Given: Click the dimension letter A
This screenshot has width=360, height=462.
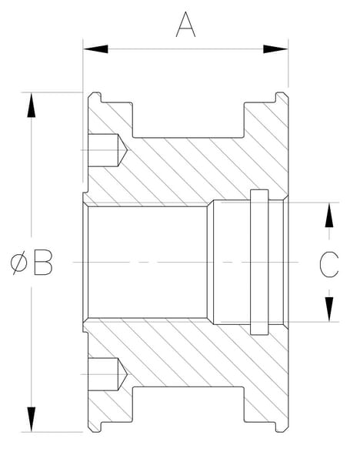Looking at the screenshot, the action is (x=185, y=25).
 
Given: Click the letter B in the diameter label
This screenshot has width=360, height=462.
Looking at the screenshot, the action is (x=43, y=263).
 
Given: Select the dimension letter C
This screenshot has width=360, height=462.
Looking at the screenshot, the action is (x=329, y=264).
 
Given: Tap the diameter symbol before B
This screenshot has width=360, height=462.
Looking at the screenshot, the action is (x=18, y=263).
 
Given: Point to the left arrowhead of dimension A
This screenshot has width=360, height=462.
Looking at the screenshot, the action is (x=95, y=49).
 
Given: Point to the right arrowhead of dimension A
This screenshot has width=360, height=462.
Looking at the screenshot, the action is (x=275, y=49).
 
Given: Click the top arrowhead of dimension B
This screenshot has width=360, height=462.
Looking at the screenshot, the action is (x=32, y=105).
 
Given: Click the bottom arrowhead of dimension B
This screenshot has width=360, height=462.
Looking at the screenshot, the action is (x=32, y=420).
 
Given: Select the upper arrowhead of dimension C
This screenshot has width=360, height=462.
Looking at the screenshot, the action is (x=329, y=215).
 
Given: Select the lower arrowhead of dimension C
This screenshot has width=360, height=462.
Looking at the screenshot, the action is (x=329, y=309).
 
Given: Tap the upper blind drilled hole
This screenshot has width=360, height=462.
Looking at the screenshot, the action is (x=108, y=150).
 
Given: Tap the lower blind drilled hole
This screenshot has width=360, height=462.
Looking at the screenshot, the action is (x=108, y=374).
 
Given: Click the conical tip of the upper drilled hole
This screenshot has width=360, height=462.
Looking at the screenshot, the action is (x=123, y=150).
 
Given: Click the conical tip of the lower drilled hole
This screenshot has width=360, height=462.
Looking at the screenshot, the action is (x=123, y=374).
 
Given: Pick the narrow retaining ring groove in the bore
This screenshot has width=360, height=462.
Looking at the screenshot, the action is (x=259, y=263).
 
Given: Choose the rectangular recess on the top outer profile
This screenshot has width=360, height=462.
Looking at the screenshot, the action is (x=188, y=120).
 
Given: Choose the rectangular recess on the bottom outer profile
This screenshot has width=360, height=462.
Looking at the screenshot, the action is (x=188, y=404).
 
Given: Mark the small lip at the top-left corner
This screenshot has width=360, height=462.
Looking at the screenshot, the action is (x=95, y=98).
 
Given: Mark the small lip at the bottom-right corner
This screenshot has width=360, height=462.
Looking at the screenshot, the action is (x=282, y=427).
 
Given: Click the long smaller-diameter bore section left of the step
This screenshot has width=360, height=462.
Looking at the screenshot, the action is (x=147, y=263).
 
